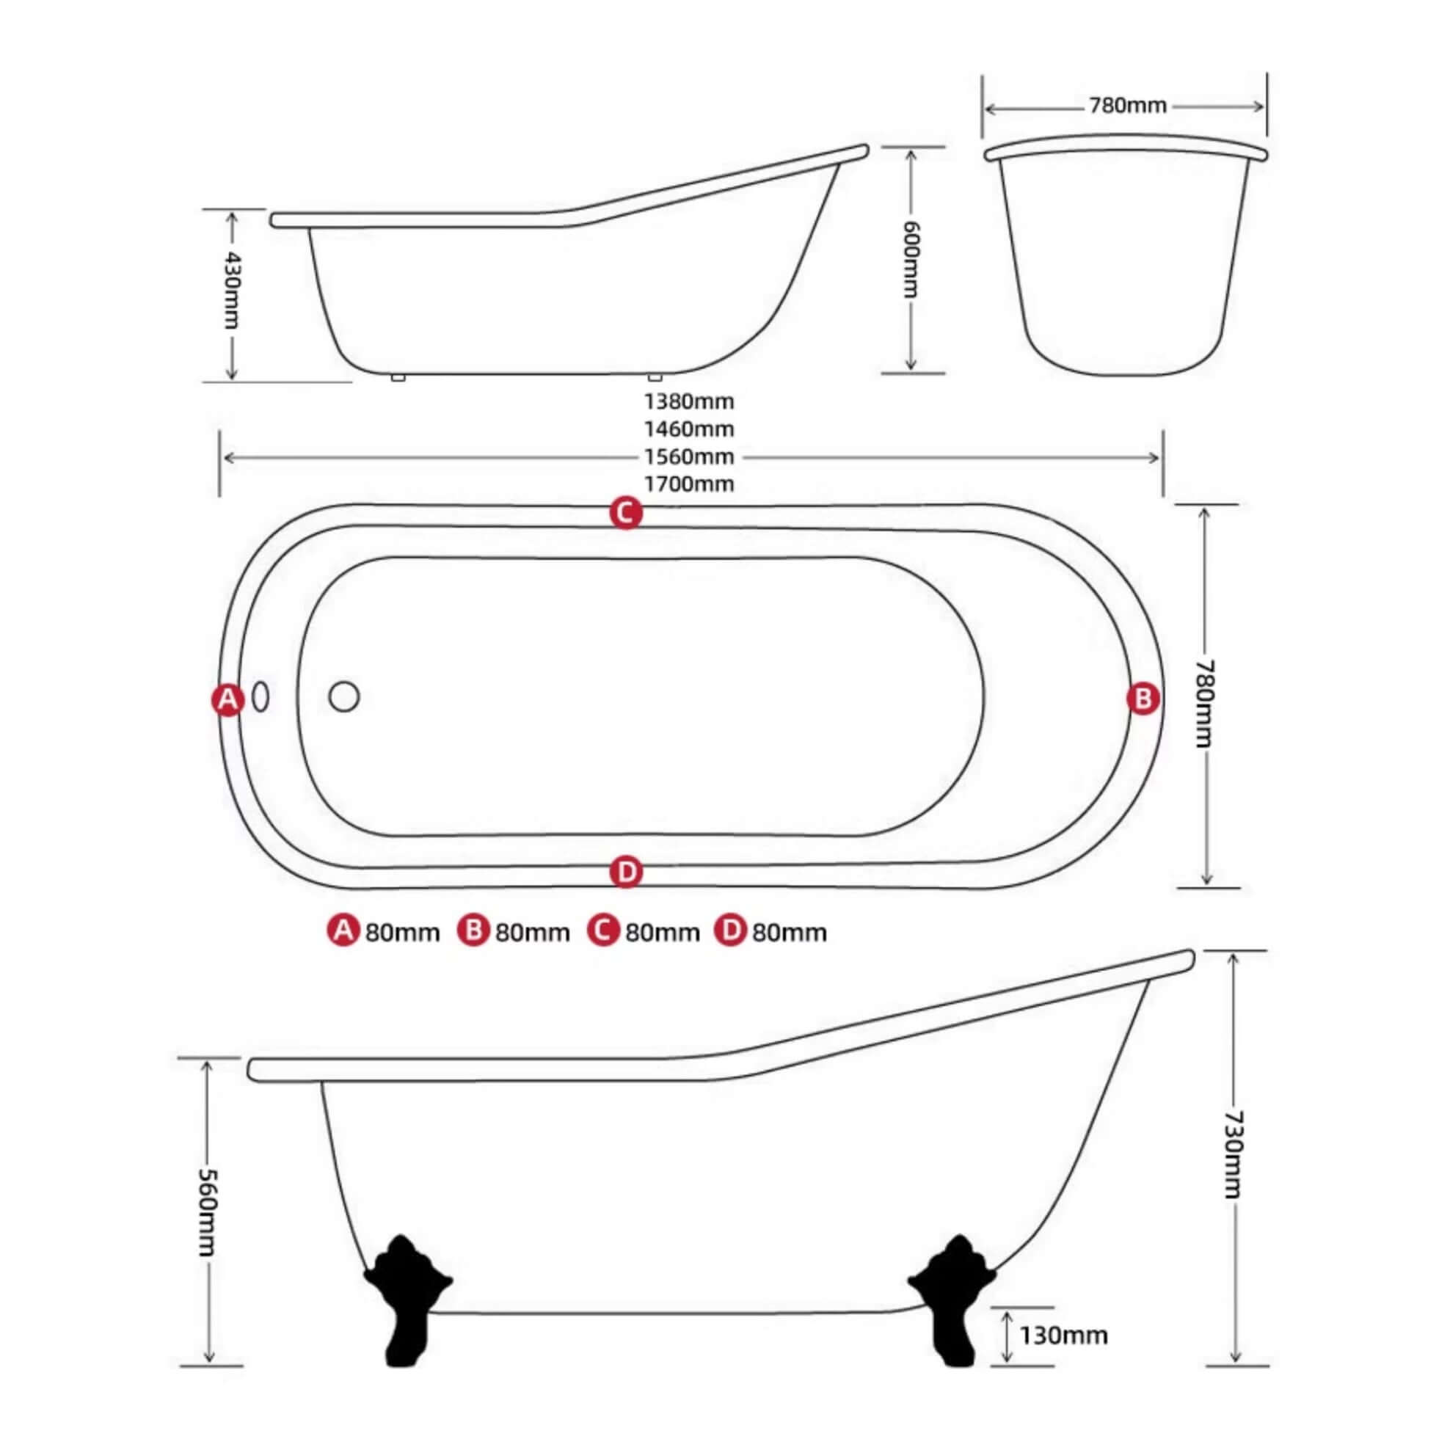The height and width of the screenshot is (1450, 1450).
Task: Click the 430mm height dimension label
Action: [232, 291]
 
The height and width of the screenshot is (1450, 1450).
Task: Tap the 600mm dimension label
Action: [911, 259]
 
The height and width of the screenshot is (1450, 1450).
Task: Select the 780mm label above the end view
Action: [1128, 106]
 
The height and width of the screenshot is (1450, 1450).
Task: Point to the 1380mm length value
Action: [689, 401]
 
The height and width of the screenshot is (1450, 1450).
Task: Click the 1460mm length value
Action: [689, 429]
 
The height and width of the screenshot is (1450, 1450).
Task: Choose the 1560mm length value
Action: [689, 456]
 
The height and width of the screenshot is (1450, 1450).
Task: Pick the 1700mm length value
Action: [689, 484]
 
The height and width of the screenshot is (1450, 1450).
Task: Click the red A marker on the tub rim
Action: [227, 699]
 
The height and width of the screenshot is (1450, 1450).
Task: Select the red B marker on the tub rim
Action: [1143, 699]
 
